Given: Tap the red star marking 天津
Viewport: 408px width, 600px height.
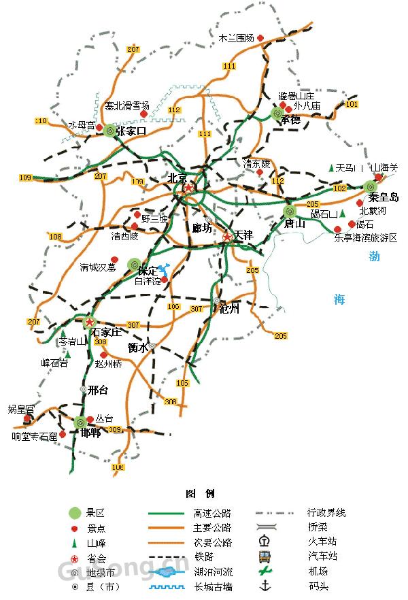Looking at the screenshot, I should tap(228, 237).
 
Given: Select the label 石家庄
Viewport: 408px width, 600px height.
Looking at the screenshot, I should tap(107, 332).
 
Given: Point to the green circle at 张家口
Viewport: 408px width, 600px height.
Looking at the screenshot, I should tap(110, 131).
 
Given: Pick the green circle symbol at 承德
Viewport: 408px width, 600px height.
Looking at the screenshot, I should tap(277, 114).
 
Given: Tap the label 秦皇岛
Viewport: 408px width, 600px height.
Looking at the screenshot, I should tap(382, 198).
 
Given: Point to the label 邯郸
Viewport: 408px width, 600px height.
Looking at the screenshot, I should tap(91, 433).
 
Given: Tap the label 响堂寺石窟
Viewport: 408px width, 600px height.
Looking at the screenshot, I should tap(35, 437).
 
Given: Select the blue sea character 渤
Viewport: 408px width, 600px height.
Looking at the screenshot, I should tap(375, 256).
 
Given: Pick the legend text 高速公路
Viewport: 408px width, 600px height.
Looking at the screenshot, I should tap(212, 513).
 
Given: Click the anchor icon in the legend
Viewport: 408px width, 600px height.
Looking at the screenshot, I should tap(265, 586).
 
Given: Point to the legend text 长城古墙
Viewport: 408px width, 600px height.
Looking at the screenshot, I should tap(212, 586).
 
